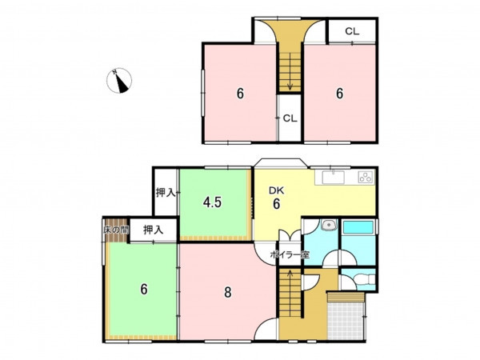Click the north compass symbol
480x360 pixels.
click(x=119, y=81)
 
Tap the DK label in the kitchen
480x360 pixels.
click(x=276, y=190)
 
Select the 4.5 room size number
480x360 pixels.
click(x=213, y=202)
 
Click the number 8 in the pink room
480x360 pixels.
click(x=227, y=292)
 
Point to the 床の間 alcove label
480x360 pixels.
click(x=116, y=230)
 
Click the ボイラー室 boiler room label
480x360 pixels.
click(x=290, y=254)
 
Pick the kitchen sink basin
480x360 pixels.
click(x=333, y=178)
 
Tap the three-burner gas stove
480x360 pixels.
click(x=366, y=178)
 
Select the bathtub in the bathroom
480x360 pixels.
click(x=358, y=227)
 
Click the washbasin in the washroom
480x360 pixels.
click(x=329, y=225)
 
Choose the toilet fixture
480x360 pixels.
click(x=365, y=279)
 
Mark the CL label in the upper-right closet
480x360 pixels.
click(x=352, y=31)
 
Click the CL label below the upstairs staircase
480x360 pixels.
click(x=290, y=118)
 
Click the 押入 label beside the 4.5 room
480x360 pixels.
click(x=166, y=193)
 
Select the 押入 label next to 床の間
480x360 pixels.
click(x=154, y=230)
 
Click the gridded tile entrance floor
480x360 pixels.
click(x=346, y=321)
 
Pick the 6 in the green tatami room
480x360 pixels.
click(x=144, y=289)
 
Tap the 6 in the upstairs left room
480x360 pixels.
click(x=240, y=94)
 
